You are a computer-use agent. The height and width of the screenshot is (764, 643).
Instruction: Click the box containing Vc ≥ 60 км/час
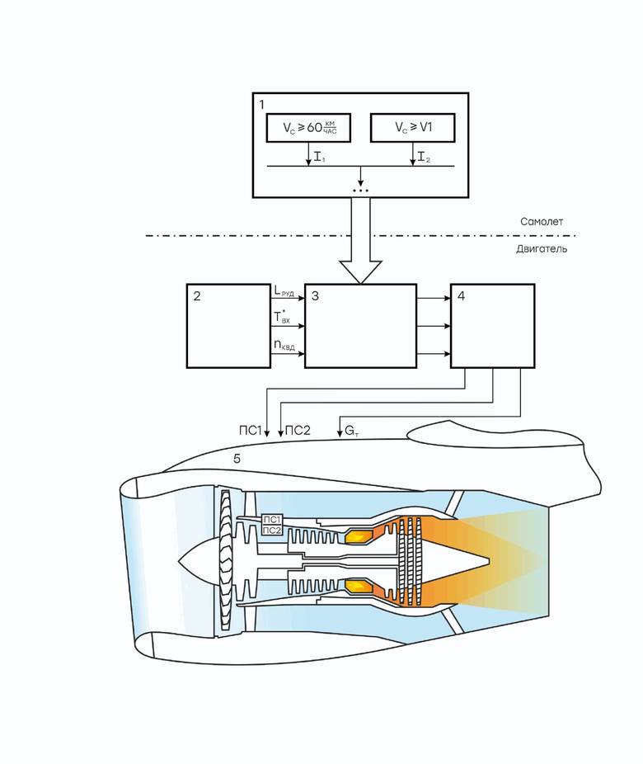click(308, 129)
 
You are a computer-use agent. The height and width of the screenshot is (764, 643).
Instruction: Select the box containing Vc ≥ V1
click(412, 129)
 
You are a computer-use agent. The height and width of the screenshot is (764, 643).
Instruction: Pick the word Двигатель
click(541, 248)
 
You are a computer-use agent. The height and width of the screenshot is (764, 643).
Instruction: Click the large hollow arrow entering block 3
click(361, 248)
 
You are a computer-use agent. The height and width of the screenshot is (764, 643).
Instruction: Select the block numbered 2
click(228, 326)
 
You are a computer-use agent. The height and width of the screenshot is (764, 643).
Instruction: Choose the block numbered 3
click(360, 326)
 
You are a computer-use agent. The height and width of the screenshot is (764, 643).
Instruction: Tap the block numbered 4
click(492, 326)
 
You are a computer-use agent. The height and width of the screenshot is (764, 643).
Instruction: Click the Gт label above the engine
click(351, 431)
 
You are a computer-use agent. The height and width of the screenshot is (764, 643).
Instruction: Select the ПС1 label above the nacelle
click(248, 431)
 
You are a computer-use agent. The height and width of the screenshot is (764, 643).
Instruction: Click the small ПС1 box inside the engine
click(272, 519)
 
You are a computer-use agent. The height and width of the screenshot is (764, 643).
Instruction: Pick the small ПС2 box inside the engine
click(272, 531)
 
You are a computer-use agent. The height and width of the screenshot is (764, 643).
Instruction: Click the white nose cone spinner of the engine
click(198, 561)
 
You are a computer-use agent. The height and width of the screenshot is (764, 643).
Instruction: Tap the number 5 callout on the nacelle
click(237, 458)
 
